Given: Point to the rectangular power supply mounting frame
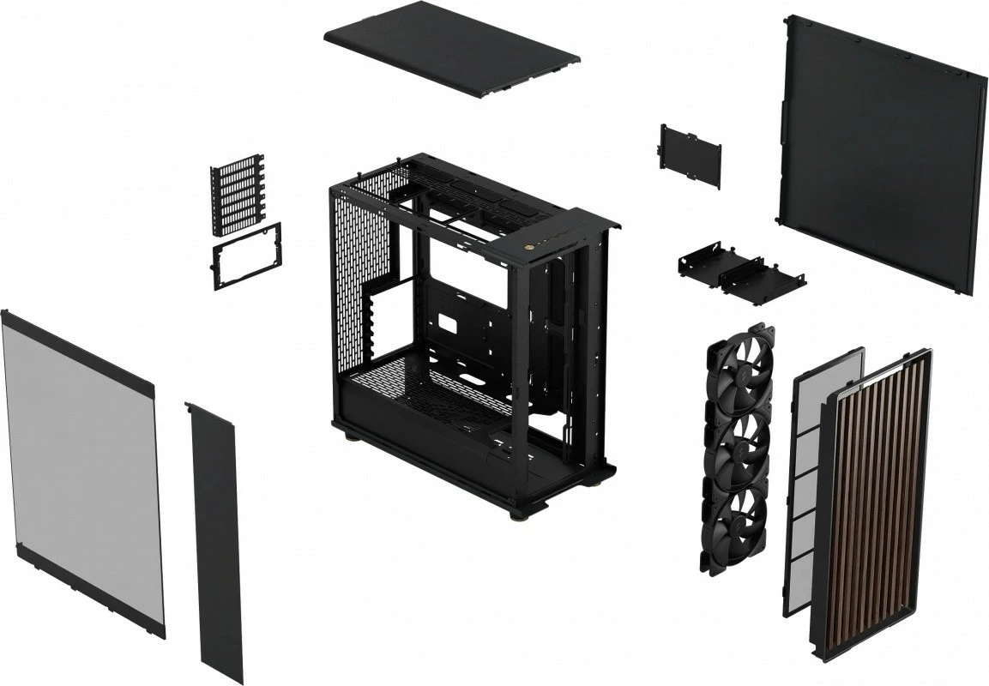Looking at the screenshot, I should (x=246, y=256).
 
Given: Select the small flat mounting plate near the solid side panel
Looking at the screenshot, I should (x=690, y=155).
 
